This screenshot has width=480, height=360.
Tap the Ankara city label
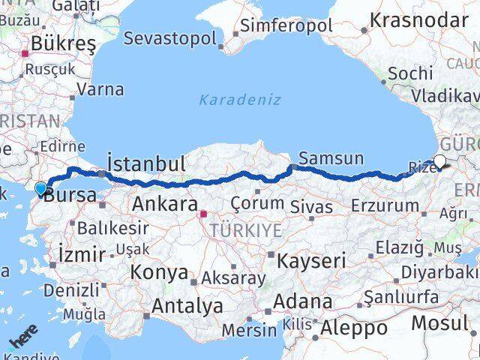(x=165, y=204)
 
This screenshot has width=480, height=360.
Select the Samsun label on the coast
(x=331, y=159)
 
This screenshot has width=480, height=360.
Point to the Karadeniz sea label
(x=240, y=99)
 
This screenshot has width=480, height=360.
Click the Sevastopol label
(x=170, y=37)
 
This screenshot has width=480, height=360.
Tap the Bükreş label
(x=63, y=43)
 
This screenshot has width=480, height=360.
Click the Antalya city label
(x=187, y=306)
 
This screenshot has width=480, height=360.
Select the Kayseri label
(x=311, y=261)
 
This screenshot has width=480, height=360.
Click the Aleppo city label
(x=354, y=328)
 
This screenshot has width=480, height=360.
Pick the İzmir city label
(x=82, y=254)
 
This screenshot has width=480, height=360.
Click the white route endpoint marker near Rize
(x=439, y=160)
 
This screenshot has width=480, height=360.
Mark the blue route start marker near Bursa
(x=40, y=187)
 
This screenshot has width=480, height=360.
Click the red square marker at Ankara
(x=202, y=213)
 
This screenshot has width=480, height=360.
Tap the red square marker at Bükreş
(x=25, y=53)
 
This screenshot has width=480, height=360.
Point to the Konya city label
(x=160, y=272)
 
